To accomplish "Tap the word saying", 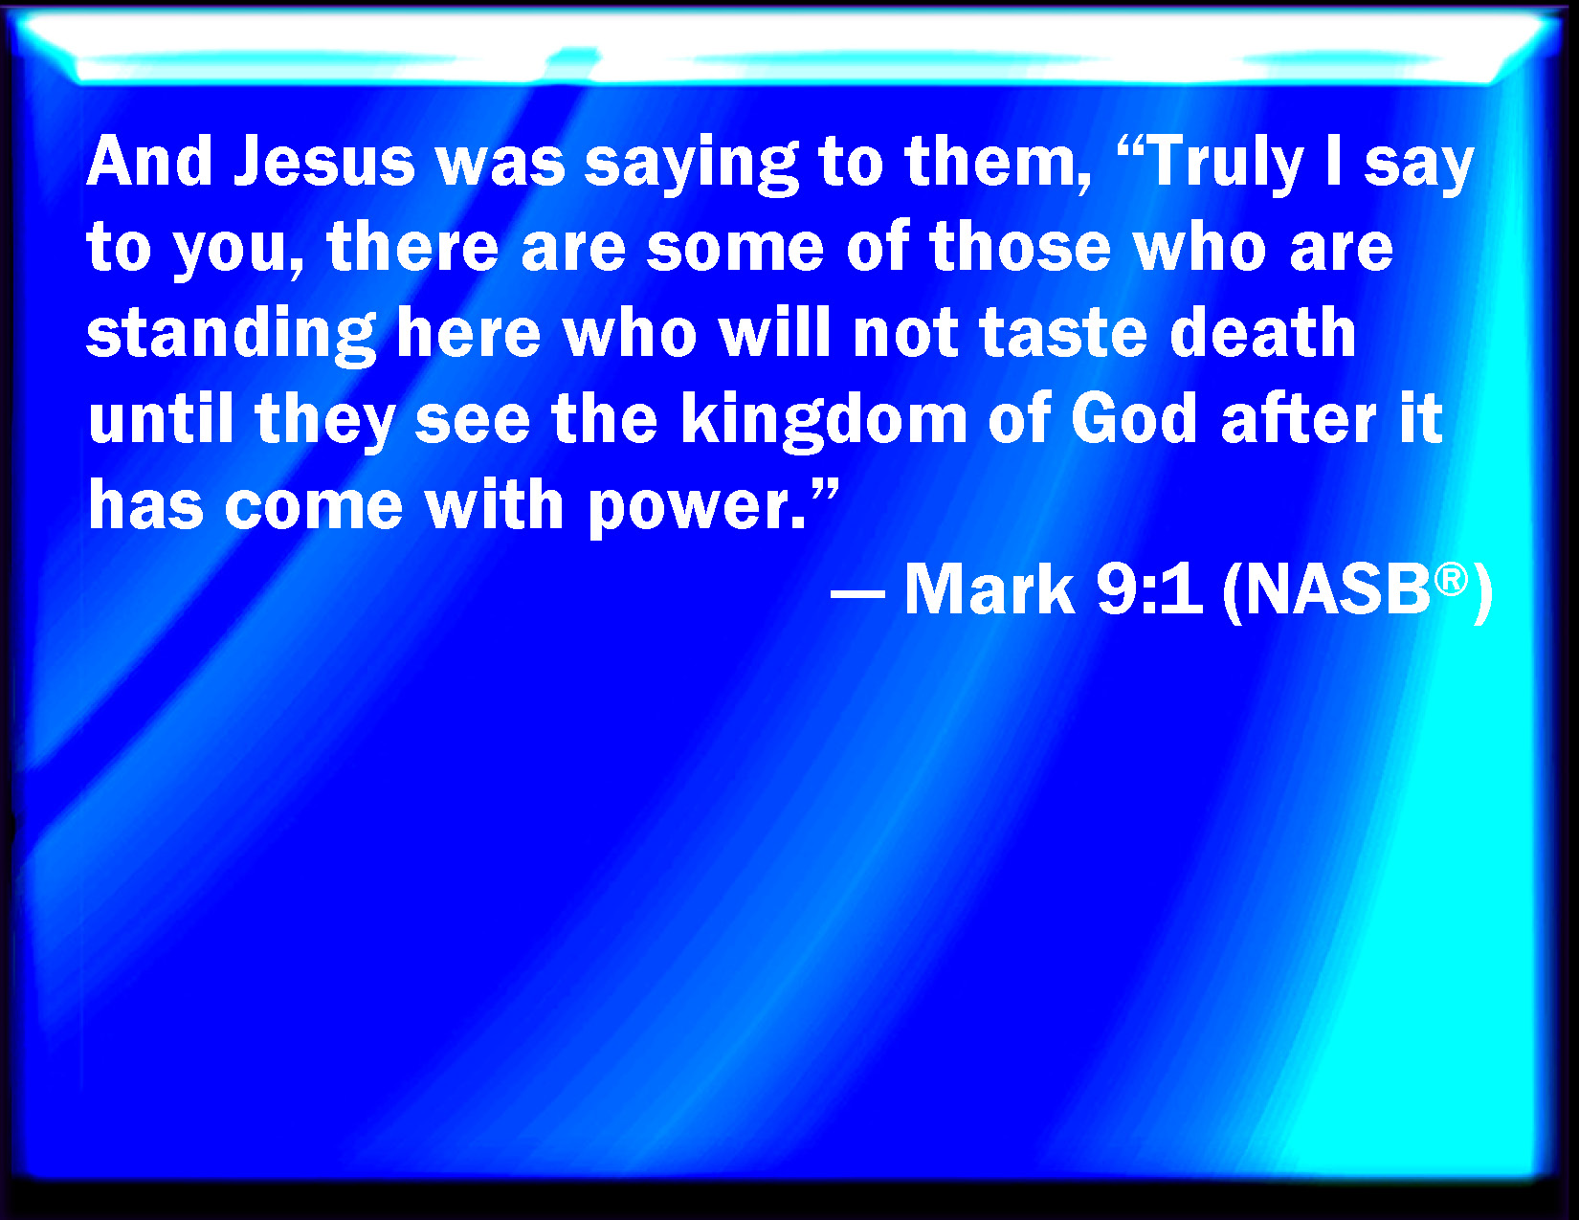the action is (692, 166).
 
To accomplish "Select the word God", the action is (1134, 418).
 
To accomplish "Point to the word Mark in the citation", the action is (989, 589).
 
